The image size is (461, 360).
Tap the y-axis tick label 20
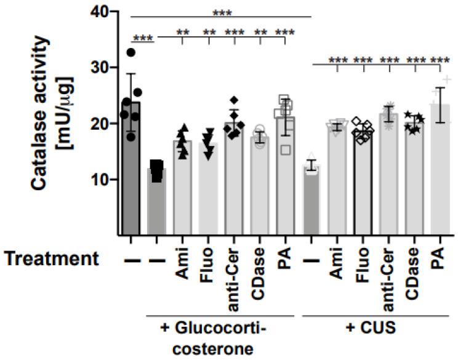point(102,124)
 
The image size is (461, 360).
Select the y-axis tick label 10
point(102,180)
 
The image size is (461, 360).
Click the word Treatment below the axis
point(52,260)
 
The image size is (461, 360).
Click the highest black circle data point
point(131,52)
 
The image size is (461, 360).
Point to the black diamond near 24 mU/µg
point(234,100)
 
